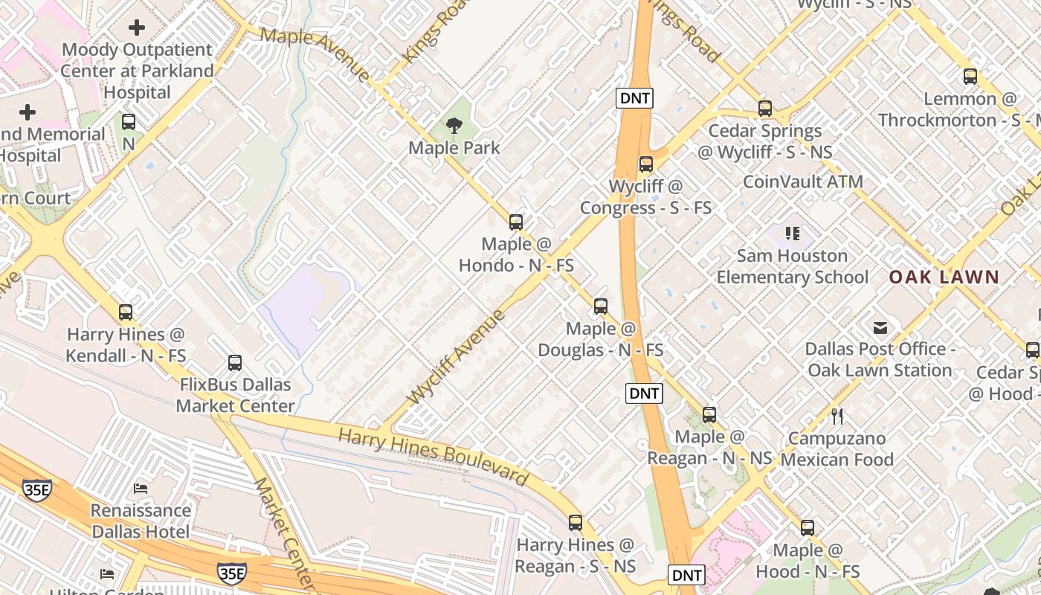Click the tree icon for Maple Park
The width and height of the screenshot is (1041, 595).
point(454,126)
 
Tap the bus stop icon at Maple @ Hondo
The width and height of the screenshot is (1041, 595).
point(515,222)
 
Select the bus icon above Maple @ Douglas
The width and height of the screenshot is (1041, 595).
point(600,306)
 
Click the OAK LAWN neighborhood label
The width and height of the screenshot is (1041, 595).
point(944,277)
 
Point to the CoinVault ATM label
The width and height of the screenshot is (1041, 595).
point(803,181)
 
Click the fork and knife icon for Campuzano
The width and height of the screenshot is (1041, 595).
point(837,416)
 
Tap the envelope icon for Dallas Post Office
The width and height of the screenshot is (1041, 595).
point(880,327)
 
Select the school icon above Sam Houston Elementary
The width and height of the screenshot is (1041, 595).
point(793,234)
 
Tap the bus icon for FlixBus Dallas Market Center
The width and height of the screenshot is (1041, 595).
point(235,363)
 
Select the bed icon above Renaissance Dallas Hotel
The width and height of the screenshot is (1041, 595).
point(141,489)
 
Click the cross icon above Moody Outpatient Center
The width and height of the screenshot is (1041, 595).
point(137,28)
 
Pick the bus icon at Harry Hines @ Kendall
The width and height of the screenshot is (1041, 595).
point(126,312)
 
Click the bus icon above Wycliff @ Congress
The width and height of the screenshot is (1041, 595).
point(645,164)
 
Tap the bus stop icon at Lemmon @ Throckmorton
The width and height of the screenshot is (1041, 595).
point(970,76)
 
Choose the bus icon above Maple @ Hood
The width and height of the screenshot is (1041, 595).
point(807,528)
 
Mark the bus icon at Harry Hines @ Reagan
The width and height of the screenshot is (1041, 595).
point(575,523)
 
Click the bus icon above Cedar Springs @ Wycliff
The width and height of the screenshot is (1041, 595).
point(765,109)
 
